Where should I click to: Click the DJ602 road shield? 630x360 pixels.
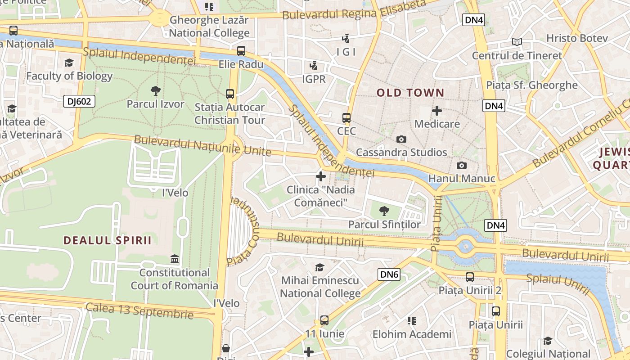click(x=79, y=101)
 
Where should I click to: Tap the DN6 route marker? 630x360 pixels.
click(x=389, y=274)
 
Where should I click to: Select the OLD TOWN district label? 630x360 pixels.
click(x=410, y=93)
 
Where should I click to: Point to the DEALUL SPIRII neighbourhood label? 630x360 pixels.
click(x=107, y=240)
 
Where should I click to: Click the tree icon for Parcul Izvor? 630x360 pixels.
click(x=155, y=91)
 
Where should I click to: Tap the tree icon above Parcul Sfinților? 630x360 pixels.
click(x=384, y=211)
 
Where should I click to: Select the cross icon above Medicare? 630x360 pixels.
click(x=436, y=110)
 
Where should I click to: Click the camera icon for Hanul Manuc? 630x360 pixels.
click(x=461, y=166)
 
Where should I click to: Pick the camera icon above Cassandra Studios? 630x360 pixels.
click(x=401, y=139)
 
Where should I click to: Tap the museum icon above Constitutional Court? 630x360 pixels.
click(x=174, y=259)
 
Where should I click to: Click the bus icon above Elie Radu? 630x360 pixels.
click(x=241, y=51)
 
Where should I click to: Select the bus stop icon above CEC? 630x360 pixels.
click(x=346, y=118)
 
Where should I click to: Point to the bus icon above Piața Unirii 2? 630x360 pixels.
click(x=469, y=277)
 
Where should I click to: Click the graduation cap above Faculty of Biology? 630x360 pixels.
click(x=69, y=63)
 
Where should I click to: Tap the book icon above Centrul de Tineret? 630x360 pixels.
click(x=517, y=42)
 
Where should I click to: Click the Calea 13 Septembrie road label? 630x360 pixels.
click(x=139, y=310)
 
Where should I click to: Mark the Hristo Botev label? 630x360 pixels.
click(x=577, y=38)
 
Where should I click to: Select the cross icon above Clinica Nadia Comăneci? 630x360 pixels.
click(x=320, y=176)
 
